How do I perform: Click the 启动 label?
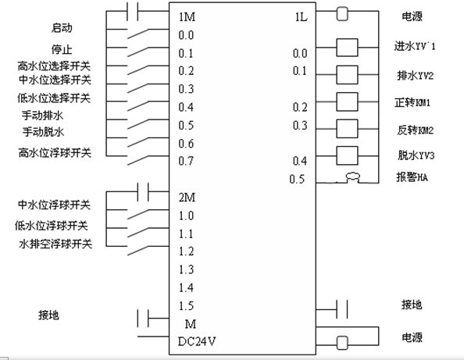(62, 28)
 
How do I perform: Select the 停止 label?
(62, 49)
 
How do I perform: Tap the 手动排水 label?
(43, 115)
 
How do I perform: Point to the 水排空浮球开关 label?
(55, 244)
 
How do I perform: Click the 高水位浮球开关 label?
(55, 153)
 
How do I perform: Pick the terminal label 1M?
(187, 16)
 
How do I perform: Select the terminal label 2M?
(187, 197)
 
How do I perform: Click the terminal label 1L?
(301, 17)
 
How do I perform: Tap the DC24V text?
(197, 342)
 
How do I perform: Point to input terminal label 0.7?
(186, 161)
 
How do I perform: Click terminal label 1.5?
(186, 305)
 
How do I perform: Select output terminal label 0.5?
(297, 180)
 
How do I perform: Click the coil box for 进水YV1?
(347, 48)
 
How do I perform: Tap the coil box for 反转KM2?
(347, 129)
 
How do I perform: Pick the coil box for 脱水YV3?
(347, 155)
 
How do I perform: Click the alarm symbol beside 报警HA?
(353, 178)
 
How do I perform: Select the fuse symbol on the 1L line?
(342, 13)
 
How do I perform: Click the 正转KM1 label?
(412, 102)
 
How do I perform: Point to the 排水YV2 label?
(415, 76)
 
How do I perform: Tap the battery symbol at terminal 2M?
(143, 191)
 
